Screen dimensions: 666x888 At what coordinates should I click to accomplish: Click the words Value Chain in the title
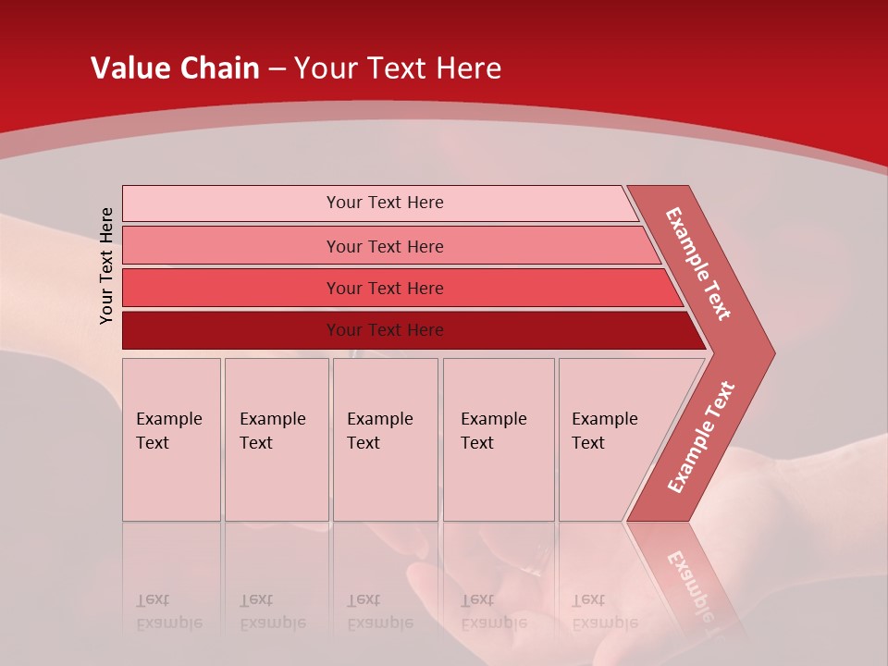175,68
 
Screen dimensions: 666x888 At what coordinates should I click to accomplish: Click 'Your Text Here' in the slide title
398,68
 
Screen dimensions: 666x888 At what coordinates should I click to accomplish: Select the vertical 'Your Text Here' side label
106,265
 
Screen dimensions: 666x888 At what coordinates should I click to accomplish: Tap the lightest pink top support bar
384,203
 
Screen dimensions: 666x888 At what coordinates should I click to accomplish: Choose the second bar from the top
384,246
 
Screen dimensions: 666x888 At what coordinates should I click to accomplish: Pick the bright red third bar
384,288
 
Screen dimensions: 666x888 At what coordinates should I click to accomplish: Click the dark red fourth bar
384,330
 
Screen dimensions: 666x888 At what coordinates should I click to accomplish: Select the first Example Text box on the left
171,439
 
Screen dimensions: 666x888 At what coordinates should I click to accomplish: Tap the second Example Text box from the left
276,439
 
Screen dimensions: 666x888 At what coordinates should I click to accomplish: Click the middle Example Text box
385,439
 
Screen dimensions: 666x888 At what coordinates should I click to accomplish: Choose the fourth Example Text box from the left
498,439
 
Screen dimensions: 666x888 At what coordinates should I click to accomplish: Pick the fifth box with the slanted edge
610,439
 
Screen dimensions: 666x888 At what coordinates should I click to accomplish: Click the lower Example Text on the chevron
701,438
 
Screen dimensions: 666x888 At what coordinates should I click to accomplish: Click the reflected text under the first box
168,610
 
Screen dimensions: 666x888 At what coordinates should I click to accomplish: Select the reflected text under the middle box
379,610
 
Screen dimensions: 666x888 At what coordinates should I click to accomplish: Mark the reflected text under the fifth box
604,610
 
